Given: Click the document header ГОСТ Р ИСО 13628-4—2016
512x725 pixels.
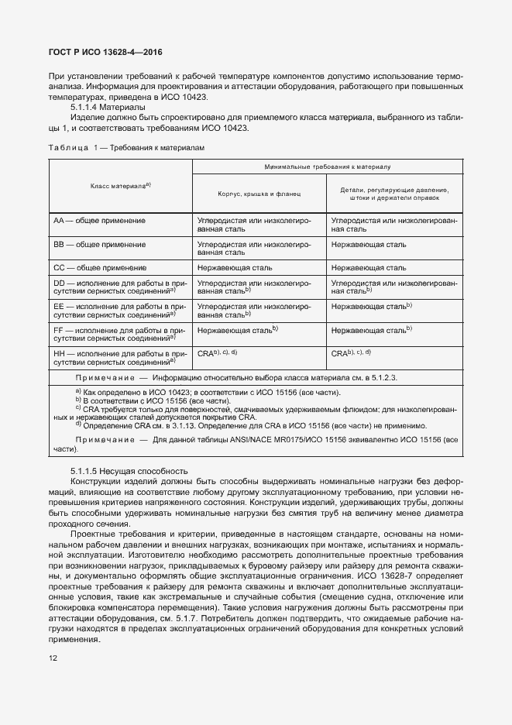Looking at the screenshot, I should [x=105, y=53].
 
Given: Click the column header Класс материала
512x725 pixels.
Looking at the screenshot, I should [x=120, y=186].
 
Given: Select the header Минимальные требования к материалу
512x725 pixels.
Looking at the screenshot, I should [x=328, y=166].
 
